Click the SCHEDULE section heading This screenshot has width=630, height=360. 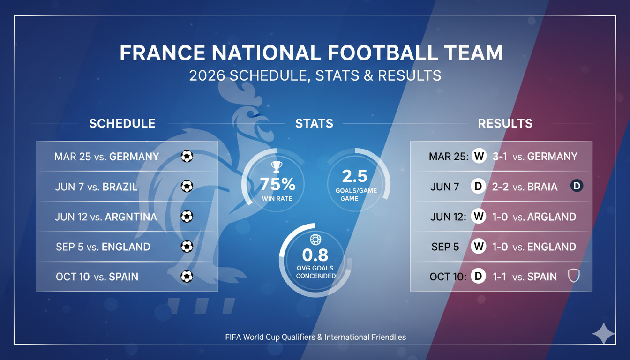(x=122, y=123)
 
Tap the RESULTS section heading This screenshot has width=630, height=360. (x=505, y=123)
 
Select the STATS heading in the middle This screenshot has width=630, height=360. (x=314, y=123)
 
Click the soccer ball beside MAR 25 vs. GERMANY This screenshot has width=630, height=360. (x=187, y=156)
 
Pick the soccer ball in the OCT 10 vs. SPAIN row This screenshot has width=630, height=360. (x=187, y=277)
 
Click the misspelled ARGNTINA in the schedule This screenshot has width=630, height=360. (x=130, y=217)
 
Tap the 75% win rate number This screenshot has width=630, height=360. (x=277, y=183)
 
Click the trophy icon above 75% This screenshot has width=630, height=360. (x=277, y=167)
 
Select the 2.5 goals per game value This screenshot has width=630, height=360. (x=355, y=176)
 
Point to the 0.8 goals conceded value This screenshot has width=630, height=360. (x=315, y=255)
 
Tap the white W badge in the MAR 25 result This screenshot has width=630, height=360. (x=479, y=156)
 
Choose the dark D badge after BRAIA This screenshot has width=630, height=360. (x=577, y=186)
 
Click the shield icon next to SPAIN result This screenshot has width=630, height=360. (x=573, y=276)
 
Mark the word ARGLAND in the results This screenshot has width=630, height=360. (x=551, y=217)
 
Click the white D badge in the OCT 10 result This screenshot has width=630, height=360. (x=478, y=277)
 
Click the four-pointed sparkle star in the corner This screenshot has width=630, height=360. (x=604, y=334)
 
